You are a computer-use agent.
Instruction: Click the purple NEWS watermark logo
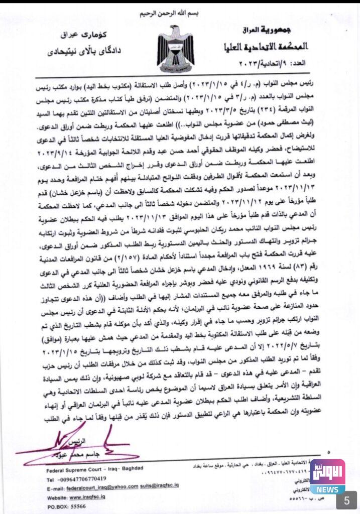pyautogui.click(x=327, y=476)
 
